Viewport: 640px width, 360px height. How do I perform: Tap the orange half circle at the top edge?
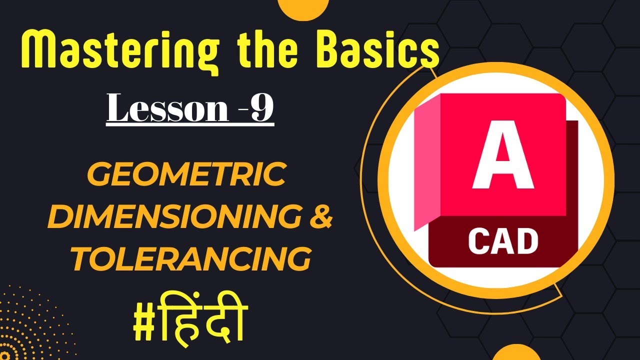tap(302, 8)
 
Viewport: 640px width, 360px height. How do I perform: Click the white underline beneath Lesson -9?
tap(190, 125)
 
